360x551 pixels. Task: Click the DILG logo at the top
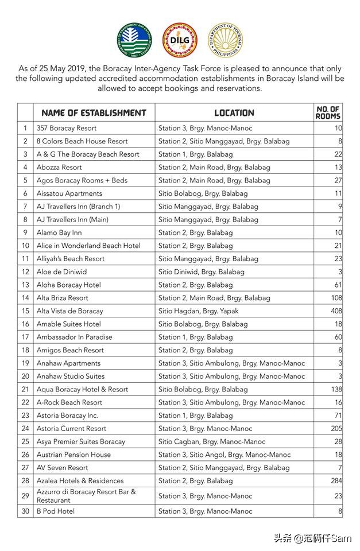(180, 41)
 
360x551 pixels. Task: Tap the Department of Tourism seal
(225, 41)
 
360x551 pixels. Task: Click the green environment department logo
(134, 41)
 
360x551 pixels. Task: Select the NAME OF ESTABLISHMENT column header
(94, 112)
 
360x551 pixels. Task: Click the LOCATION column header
(234, 112)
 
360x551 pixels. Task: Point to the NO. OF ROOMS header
(328, 112)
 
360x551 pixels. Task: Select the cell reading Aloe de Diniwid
(61, 271)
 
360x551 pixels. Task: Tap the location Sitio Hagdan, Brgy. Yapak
(198, 311)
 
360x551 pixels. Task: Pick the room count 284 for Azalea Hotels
(336, 481)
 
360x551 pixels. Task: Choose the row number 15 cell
(25, 311)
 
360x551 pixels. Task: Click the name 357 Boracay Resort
(66, 128)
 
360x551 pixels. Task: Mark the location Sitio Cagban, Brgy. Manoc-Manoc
(212, 442)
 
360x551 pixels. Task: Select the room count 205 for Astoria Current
(336, 429)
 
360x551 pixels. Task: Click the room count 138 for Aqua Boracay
(336, 389)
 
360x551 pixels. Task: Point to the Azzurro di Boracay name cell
(86, 496)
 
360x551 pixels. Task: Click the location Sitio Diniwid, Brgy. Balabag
(201, 271)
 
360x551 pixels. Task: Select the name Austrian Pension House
(73, 455)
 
